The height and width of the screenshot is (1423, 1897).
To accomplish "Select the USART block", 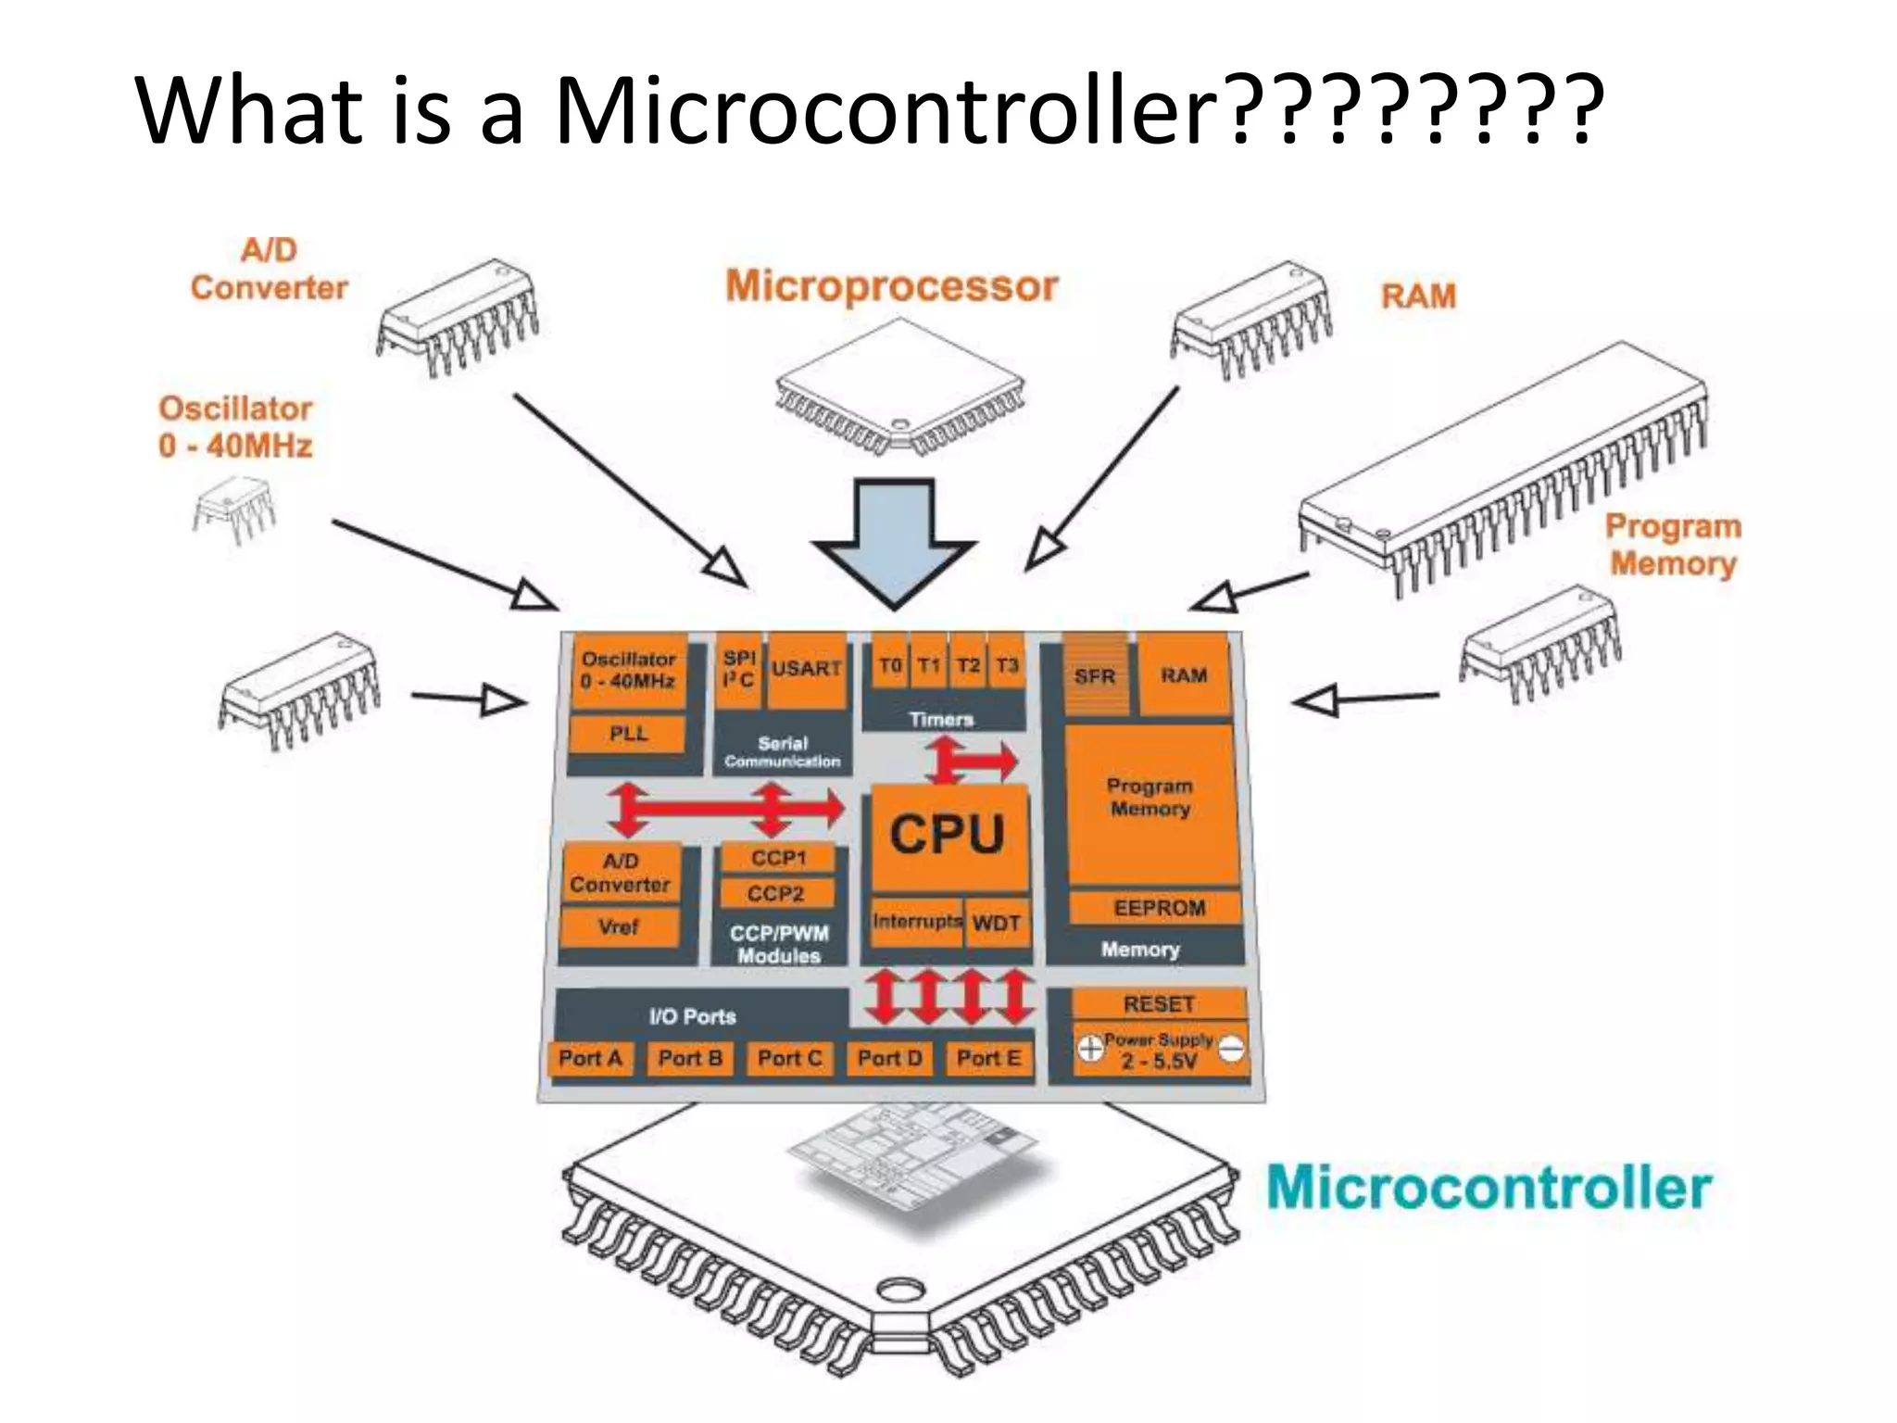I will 806,669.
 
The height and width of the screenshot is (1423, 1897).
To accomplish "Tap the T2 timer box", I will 968,665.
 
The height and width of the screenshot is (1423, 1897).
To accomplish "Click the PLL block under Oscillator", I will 628,734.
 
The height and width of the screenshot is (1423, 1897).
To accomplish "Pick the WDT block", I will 997,923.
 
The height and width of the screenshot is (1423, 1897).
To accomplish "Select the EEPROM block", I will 1158,908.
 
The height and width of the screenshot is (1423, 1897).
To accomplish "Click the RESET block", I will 1158,1004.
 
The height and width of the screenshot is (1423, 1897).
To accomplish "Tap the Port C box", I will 789,1058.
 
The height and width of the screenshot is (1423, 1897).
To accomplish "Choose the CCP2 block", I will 776,894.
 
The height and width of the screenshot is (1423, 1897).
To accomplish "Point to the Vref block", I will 619,926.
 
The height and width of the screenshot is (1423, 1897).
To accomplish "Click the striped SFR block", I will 1095,676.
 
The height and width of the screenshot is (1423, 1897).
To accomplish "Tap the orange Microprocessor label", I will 891,286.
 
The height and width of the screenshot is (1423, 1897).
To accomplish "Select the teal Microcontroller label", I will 1489,1188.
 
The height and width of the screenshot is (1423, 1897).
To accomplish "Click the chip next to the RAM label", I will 1250,320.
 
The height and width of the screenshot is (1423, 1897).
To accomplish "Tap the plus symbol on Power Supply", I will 1090,1048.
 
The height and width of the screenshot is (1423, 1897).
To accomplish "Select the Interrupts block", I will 916,922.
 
